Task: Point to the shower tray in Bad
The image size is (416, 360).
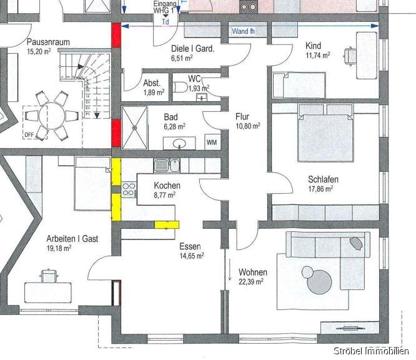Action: click(133, 127)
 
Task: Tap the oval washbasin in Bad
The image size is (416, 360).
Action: click(179, 144)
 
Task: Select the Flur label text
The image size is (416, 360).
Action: click(242, 116)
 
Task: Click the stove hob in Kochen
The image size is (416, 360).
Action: click(129, 189)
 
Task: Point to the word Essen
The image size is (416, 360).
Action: click(189, 246)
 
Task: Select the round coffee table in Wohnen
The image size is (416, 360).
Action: click(308, 272)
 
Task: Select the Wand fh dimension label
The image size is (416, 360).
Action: click(242, 31)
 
